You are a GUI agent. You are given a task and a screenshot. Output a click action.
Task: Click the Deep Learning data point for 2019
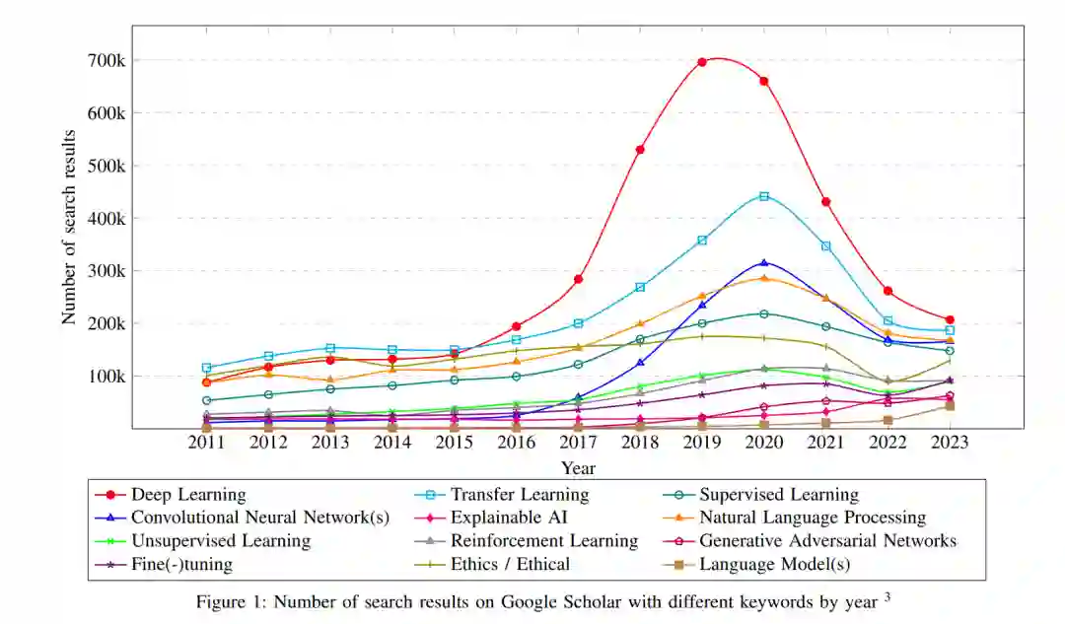[x=702, y=62]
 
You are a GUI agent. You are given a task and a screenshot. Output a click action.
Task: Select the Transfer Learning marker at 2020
[x=763, y=196]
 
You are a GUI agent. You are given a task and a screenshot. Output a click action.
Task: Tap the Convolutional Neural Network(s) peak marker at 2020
[x=763, y=263]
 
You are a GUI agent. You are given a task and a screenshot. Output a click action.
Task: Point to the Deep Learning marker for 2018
[x=640, y=150]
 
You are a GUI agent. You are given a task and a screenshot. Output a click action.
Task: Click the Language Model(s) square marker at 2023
[x=950, y=406]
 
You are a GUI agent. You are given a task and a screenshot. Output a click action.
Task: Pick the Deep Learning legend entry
[x=188, y=495]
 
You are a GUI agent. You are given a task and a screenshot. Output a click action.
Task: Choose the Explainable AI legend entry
[x=507, y=518]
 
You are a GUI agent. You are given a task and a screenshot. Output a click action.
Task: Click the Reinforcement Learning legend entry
[x=543, y=541]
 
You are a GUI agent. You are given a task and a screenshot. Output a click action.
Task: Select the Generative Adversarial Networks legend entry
[x=827, y=541]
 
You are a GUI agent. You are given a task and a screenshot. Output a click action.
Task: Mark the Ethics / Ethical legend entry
[x=510, y=565]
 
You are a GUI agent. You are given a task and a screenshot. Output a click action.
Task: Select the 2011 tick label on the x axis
[x=206, y=443]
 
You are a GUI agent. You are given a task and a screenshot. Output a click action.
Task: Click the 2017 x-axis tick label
[x=578, y=443]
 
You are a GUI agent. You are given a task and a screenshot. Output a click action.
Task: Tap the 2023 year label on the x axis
[x=950, y=443]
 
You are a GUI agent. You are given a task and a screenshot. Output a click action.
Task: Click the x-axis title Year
[x=578, y=467]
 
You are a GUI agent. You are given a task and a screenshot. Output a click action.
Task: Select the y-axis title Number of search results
[x=69, y=226]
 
